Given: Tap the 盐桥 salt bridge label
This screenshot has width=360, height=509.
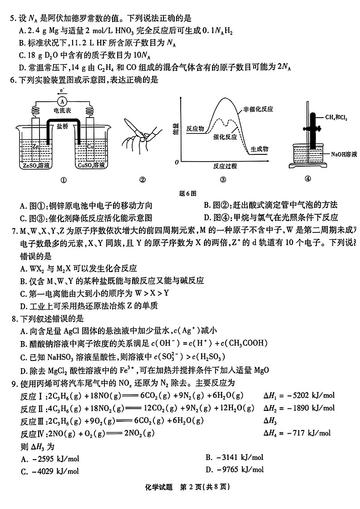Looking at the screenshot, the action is (63, 128).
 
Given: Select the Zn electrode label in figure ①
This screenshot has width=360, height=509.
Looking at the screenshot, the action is (36, 146).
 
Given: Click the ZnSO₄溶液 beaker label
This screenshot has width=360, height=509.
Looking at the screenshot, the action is (36, 166).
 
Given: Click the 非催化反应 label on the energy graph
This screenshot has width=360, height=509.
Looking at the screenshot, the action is (258, 109).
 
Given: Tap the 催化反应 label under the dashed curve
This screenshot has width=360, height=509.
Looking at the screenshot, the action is (225, 136).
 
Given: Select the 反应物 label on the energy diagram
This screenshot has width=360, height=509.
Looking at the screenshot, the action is (195, 128).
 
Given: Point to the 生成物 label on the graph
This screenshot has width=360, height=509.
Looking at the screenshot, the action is (259, 149).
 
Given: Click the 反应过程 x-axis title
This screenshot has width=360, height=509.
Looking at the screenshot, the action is (225, 166).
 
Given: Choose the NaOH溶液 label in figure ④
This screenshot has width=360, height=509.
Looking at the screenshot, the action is (344, 154).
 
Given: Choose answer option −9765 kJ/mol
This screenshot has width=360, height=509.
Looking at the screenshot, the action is (240, 469).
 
